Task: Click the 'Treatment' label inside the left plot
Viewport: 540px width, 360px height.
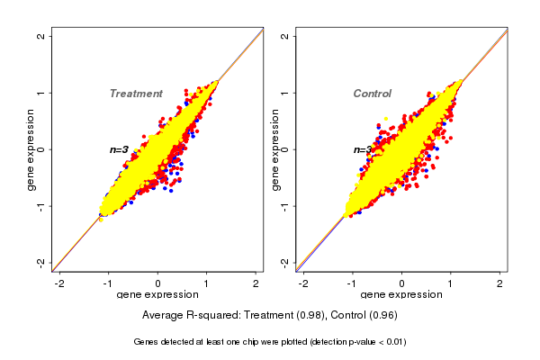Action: [136, 94]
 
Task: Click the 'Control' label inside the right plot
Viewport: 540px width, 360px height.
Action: [372, 94]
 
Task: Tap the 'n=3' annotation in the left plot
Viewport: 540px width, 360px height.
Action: [120, 149]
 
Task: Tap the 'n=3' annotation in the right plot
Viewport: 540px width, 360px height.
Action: [362, 149]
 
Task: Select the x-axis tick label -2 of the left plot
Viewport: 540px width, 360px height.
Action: [59, 283]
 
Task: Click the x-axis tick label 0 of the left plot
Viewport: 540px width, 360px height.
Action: [158, 283]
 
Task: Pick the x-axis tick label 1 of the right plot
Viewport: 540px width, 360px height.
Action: [451, 283]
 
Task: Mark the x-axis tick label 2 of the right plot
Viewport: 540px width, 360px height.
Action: [500, 283]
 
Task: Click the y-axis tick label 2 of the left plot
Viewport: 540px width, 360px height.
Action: [41, 36]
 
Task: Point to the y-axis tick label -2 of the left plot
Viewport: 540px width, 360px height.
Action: [41, 262]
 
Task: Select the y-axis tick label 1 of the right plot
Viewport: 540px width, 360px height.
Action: [285, 93]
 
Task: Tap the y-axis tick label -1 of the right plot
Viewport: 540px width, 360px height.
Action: [285, 206]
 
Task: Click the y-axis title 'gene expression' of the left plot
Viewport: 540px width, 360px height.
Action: [31, 149]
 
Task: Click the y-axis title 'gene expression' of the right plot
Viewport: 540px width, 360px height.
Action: [275, 149]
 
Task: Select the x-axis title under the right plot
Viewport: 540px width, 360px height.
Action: [401, 295]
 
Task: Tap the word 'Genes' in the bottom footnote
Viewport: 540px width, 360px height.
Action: [146, 342]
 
